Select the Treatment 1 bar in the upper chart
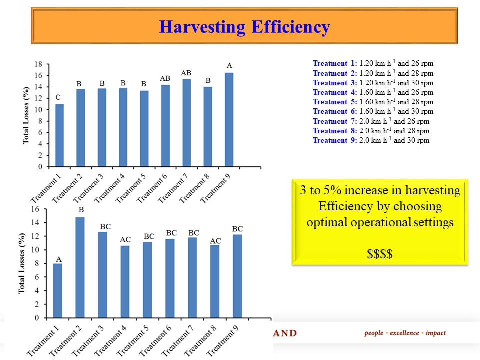(59, 135)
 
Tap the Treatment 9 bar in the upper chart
(229, 120)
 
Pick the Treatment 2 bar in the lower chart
(80, 267)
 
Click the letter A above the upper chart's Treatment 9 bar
(229, 65)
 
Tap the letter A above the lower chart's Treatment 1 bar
(58, 259)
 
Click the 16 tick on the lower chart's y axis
(35, 209)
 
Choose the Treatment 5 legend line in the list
(373, 102)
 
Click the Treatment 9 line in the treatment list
(371, 140)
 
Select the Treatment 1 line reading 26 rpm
(373, 63)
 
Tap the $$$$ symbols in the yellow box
(380, 254)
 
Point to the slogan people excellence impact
(405, 333)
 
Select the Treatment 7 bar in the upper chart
(186, 123)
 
